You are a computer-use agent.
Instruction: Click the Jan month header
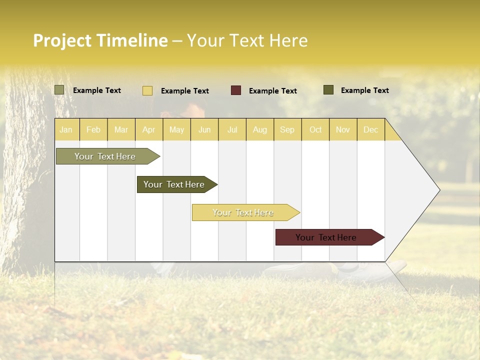(66, 130)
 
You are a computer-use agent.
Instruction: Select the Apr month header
(148, 130)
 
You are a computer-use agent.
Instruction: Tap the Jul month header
(232, 130)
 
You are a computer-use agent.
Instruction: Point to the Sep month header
(287, 130)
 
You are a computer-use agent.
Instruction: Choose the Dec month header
(370, 130)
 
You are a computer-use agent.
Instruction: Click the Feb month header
(93, 130)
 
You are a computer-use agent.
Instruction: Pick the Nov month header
(342, 130)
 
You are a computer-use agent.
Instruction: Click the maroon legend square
(236, 90)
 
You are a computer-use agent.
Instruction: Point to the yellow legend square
(147, 90)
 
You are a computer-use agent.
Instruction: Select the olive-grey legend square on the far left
(59, 90)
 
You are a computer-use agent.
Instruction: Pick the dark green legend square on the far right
(328, 90)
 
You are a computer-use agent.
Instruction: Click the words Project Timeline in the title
(100, 40)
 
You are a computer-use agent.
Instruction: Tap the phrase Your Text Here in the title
(247, 40)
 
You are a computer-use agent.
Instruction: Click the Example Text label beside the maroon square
(272, 91)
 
